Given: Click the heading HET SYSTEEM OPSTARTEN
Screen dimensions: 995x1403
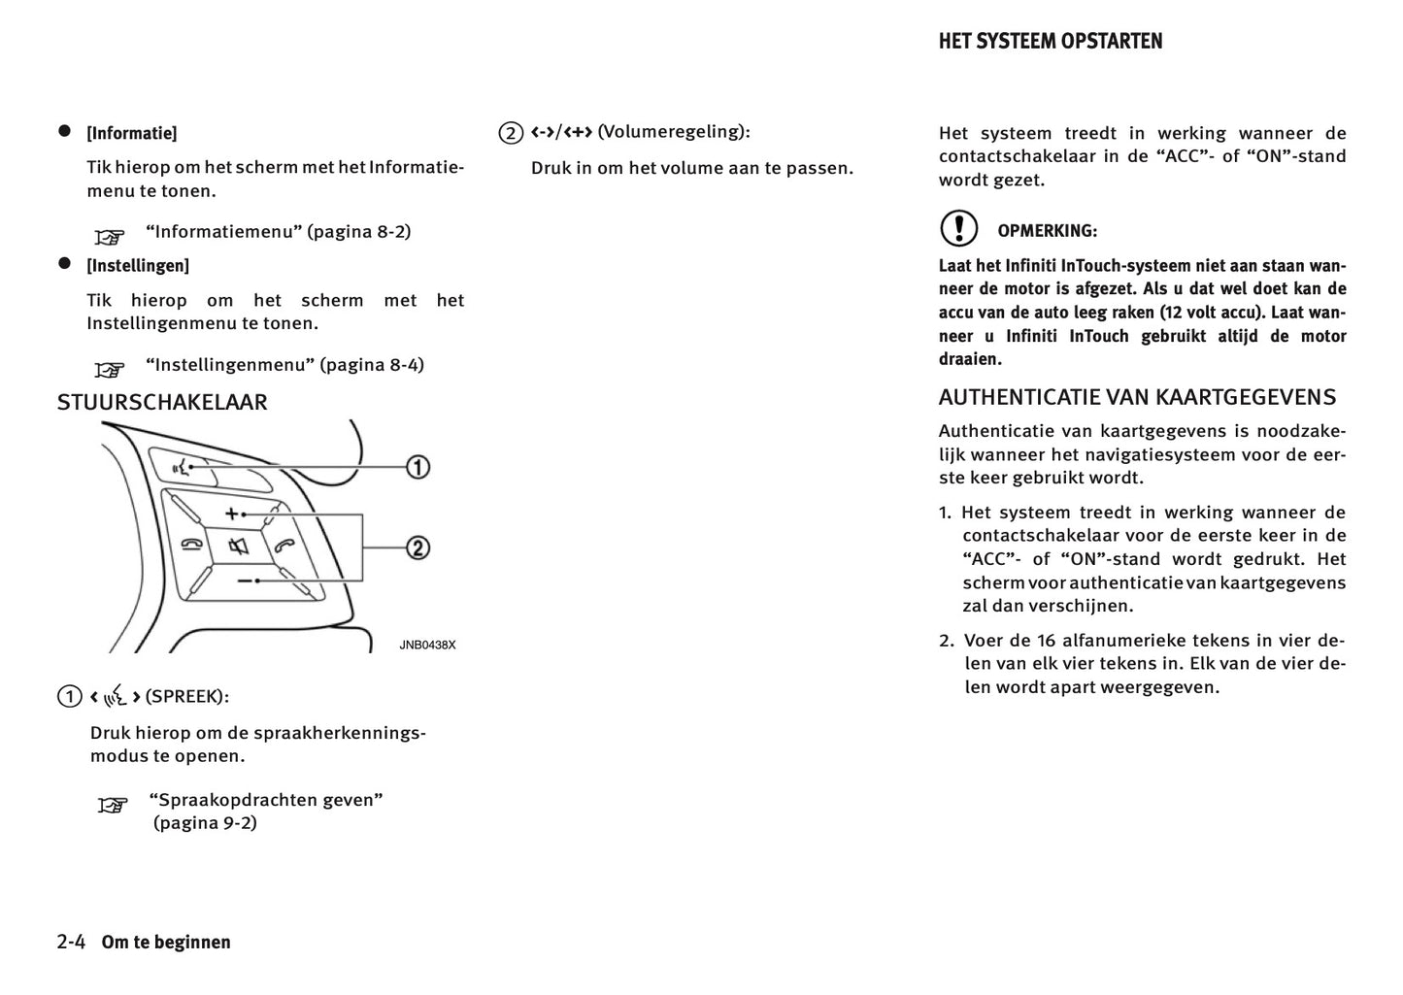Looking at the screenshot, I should tap(1050, 41).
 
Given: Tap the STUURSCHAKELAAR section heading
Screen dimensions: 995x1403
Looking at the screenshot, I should tap(162, 402).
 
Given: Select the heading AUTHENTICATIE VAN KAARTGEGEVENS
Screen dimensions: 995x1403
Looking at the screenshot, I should tap(1137, 397).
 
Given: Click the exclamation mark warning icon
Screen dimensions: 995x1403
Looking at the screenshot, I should tap(958, 228).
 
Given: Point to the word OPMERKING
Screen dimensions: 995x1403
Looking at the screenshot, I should tap(1047, 231).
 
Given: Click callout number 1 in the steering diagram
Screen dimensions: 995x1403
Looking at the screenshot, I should tap(417, 467).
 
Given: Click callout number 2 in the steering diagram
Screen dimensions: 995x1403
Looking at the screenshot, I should tap(417, 547).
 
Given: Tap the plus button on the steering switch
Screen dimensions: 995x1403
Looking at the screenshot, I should tap(232, 513).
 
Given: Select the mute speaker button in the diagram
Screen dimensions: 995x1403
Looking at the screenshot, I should tap(239, 547).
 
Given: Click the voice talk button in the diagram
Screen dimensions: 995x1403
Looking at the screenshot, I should tap(182, 468).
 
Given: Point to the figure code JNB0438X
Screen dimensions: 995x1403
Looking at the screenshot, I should tap(427, 645).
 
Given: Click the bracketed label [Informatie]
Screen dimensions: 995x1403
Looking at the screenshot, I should tap(132, 133).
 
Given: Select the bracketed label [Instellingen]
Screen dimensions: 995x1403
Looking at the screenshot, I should tap(138, 265).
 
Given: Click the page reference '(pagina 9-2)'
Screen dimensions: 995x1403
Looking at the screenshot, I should tap(205, 823).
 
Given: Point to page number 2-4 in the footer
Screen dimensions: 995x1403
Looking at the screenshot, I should tap(72, 942).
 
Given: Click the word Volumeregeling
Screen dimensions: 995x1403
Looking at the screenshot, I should tap(672, 131).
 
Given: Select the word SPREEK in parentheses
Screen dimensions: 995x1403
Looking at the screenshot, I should tap(185, 696).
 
